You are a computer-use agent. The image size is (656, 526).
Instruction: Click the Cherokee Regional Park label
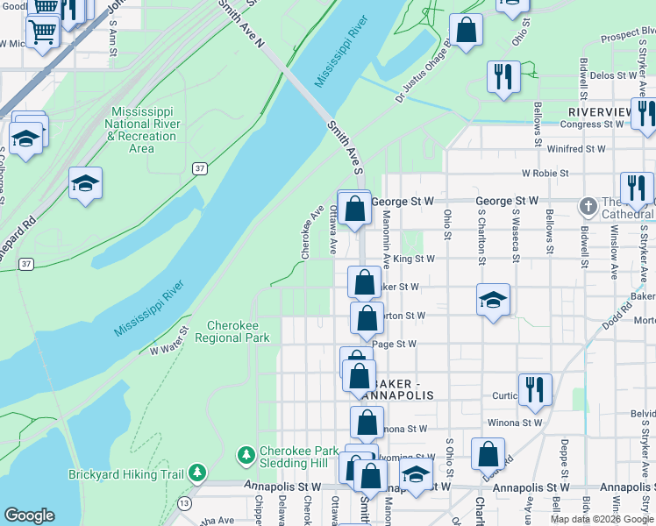pos(232,331)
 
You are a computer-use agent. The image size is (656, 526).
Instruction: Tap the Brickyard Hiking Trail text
pos(126,475)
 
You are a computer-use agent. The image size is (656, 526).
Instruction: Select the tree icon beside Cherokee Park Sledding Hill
pos(246,456)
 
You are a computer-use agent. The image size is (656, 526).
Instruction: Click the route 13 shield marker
pos(183,502)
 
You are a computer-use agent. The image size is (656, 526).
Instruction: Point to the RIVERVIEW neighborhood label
pos(600,112)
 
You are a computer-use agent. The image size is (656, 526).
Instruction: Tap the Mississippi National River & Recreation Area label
pos(141,130)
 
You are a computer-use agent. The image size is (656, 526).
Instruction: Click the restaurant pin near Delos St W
pos(503,77)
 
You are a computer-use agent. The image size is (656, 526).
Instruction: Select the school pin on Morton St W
pos(493,301)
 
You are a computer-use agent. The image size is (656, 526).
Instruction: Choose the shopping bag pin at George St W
pos(354,209)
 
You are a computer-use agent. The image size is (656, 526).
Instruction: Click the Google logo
pos(30,515)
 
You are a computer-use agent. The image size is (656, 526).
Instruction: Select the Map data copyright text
pos(602,519)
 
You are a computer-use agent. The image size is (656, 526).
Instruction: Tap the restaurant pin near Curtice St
pos(535,390)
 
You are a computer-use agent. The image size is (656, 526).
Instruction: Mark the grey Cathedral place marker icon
pos(588,206)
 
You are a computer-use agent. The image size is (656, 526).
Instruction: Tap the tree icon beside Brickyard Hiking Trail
pos(198,474)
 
